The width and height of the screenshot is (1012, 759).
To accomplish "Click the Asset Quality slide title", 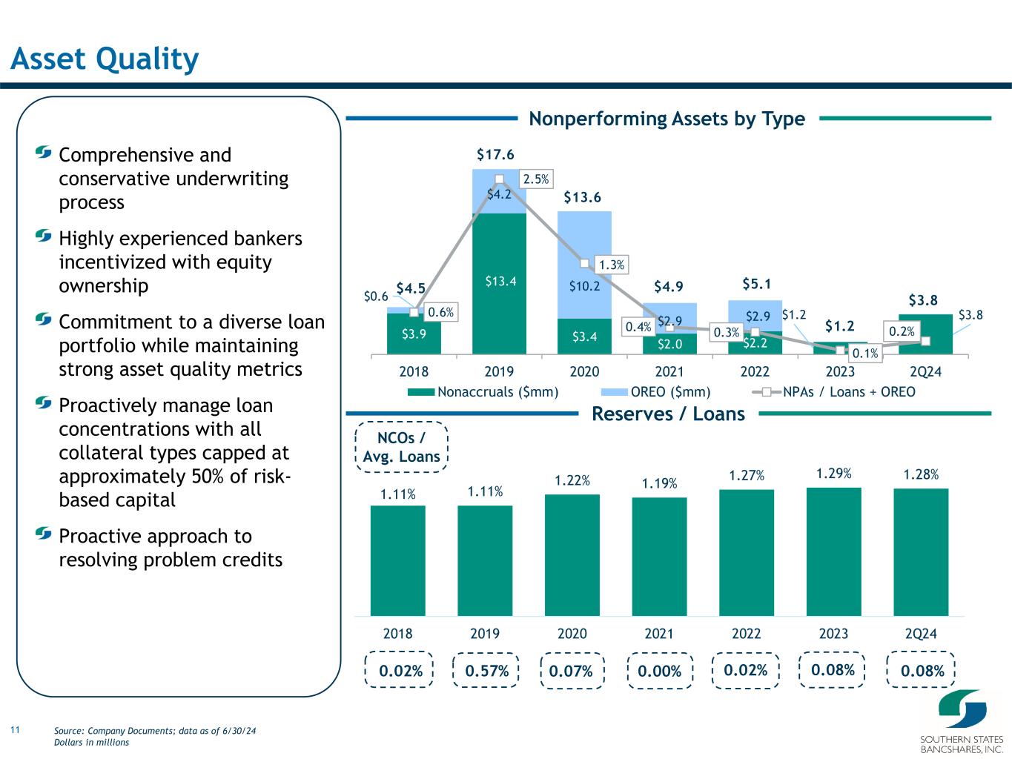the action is (x=105, y=59).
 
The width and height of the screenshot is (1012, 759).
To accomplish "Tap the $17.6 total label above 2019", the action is (x=495, y=154).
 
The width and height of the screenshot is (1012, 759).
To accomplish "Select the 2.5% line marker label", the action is (x=536, y=179).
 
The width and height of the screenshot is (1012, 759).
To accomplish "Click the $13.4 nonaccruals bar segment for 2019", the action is (x=499, y=283).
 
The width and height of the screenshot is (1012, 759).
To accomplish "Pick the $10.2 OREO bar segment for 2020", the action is (x=585, y=265).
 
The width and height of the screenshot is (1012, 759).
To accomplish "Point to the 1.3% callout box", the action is (x=612, y=265).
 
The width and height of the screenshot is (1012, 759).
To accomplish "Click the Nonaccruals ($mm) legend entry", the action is (x=483, y=392).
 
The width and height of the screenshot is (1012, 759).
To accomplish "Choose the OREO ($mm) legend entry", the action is (x=655, y=392).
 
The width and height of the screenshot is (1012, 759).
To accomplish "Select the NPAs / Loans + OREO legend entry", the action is (x=833, y=392).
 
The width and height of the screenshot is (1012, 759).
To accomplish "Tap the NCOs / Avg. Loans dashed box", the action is (x=401, y=447).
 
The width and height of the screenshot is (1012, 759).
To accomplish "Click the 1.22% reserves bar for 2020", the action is (x=572, y=555).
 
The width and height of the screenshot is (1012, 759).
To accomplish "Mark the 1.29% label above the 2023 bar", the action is (x=833, y=474).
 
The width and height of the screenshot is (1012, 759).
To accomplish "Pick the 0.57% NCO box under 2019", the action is (x=486, y=671).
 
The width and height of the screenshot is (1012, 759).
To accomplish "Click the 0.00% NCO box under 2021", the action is (x=660, y=671).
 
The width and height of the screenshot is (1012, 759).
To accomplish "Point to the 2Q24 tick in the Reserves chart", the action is (x=921, y=634).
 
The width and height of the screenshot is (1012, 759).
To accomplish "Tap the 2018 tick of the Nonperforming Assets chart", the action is (x=414, y=371).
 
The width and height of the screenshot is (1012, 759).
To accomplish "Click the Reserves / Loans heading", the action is (x=668, y=414).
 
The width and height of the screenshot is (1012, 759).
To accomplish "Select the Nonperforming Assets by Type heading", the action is (x=667, y=119).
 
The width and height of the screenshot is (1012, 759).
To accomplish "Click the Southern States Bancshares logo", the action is (x=962, y=721).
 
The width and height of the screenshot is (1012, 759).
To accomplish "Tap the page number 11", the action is (x=16, y=729).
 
